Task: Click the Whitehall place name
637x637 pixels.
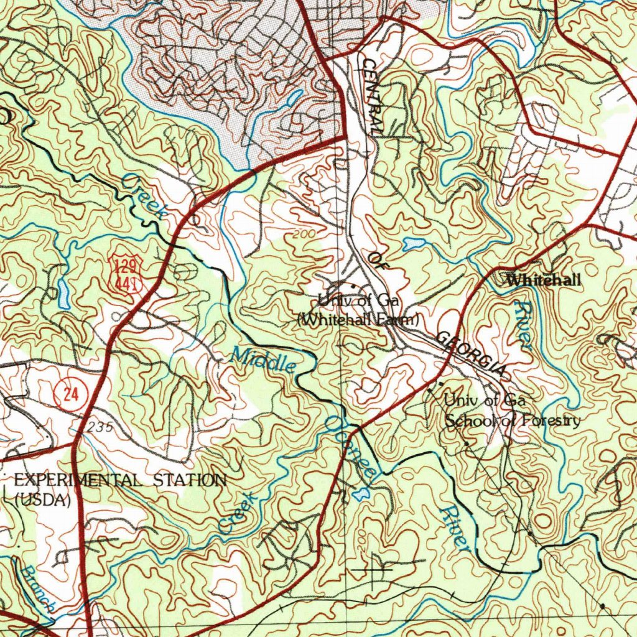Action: [544, 281]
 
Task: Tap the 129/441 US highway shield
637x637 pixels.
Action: [126, 273]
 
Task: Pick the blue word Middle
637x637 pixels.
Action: [263, 361]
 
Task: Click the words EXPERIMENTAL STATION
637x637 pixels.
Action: [119, 480]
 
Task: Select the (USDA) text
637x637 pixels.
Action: [42, 499]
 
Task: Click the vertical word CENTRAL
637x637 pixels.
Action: [373, 96]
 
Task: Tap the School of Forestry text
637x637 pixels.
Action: [513, 421]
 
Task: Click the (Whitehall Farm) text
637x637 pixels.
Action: [358, 320]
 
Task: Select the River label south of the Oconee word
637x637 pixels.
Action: [454, 527]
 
